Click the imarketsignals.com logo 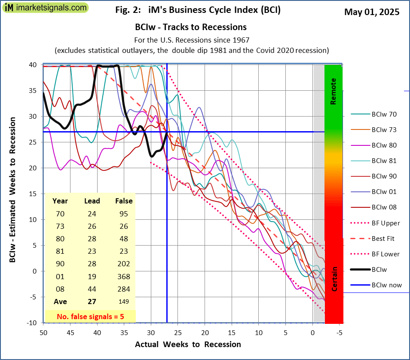point(45,8)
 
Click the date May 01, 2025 point(372,12)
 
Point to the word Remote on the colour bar point(334,92)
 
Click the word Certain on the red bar point(334,279)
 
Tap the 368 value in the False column point(124,277)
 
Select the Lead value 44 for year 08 point(92,289)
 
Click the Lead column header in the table point(92,201)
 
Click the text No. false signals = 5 point(90,317)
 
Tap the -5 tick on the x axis point(339,332)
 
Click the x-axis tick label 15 point(232,332)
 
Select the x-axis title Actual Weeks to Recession point(188,344)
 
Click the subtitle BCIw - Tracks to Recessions point(191,27)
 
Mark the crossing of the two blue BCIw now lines point(167,132)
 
